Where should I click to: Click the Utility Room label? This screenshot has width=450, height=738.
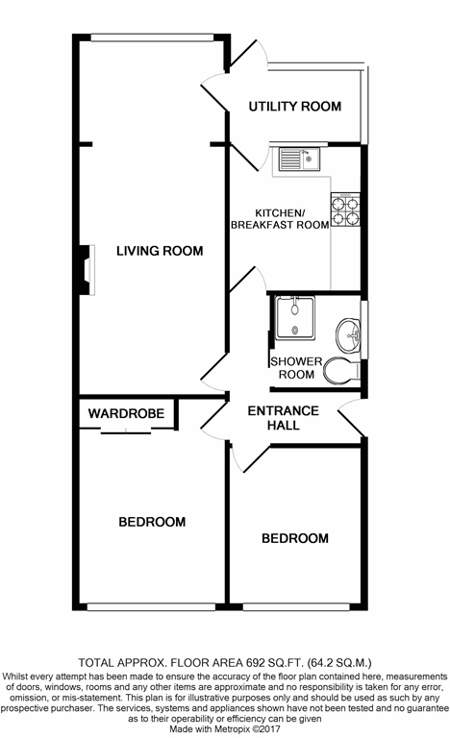(x=295, y=107)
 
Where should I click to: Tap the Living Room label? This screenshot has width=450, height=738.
(x=160, y=251)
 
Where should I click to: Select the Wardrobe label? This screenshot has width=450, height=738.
(x=126, y=414)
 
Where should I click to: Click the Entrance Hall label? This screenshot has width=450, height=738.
(x=284, y=418)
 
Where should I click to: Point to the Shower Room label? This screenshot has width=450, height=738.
(x=296, y=368)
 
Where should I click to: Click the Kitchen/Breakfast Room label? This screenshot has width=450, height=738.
(x=280, y=219)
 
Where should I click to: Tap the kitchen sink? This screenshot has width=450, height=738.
(x=299, y=160)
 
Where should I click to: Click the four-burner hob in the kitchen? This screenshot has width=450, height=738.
(x=345, y=209)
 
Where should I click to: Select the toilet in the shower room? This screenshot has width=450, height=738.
(x=341, y=370)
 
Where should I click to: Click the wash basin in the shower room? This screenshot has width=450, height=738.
(x=348, y=334)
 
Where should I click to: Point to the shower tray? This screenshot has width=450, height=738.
(x=295, y=318)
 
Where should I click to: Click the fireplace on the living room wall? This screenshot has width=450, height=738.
(x=87, y=270)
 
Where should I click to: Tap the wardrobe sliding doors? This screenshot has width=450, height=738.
(x=126, y=430)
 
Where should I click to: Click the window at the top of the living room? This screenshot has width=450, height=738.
(x=152, y=37)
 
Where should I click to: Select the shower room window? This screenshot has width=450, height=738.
(x=364, y=330)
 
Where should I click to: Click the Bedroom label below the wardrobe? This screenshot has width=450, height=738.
(x=152, y=522)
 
